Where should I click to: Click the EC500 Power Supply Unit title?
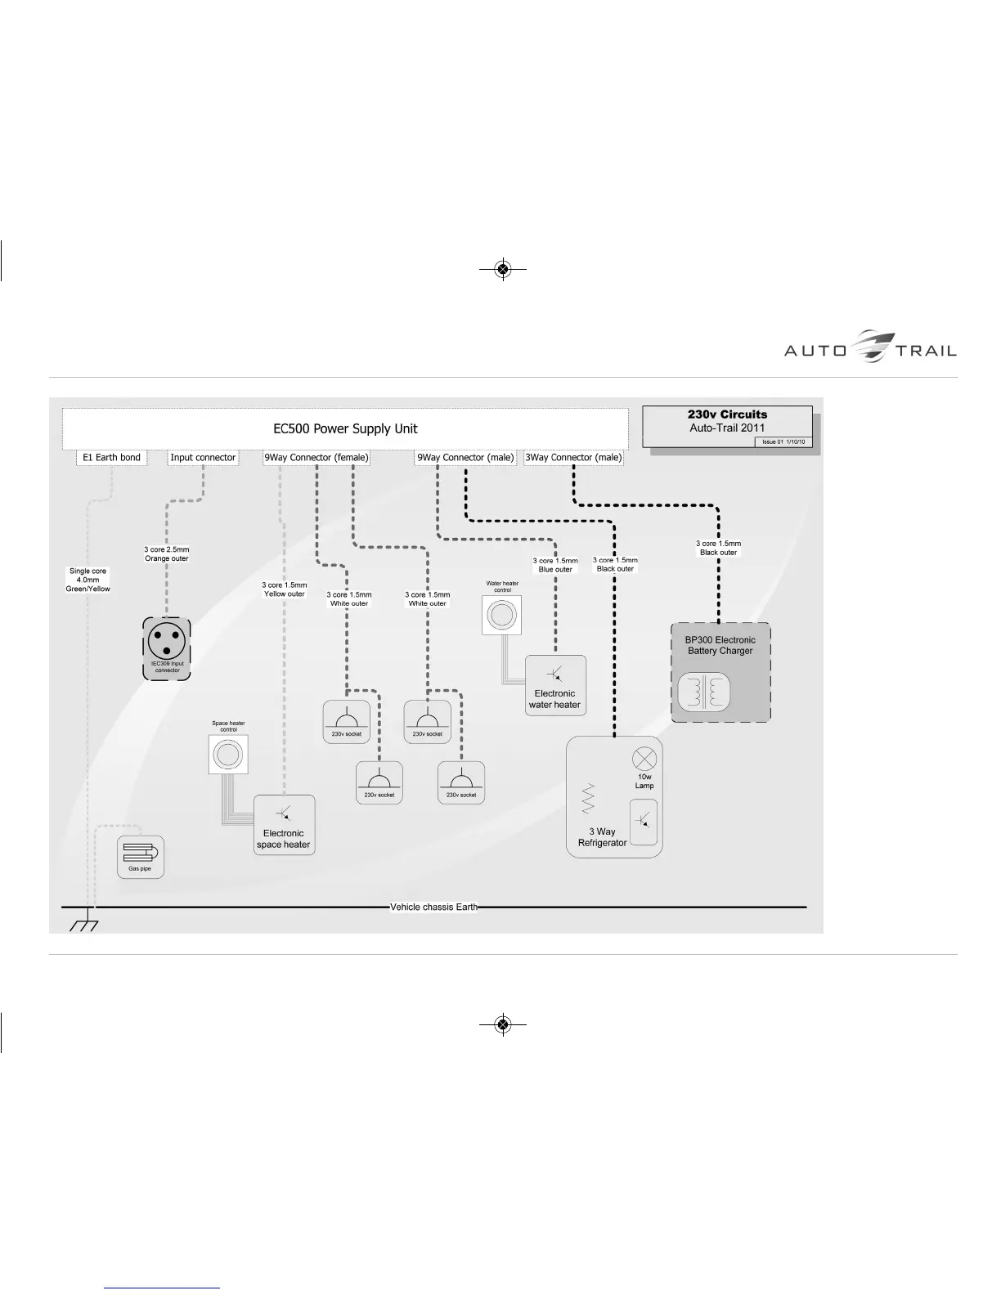click(345, 428)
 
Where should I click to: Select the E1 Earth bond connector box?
click(112, 458)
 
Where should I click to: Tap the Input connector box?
click(203, 458)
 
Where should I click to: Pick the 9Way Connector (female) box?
click(316, 458)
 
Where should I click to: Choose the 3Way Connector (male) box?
click(573, 458)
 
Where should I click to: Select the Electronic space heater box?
click(284, 825)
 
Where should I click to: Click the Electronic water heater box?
click(555, 685)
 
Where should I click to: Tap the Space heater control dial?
click(228, 754)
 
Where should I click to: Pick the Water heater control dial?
click(502, 614)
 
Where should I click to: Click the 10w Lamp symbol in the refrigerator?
click(644, 758)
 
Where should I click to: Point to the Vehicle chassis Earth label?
click(433, 907)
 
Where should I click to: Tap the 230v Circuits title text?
click(728, 414)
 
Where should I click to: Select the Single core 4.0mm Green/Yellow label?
click(88, 580)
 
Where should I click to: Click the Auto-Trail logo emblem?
click(872, 347)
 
